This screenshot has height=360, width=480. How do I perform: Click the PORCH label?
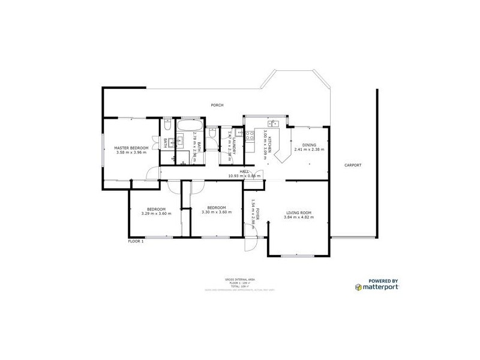pyautogui.click(x=217, y=105)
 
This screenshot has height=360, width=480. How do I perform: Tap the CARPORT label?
pyautogui.click(x=352, y=165)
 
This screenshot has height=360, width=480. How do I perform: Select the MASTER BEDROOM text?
pyautogui.click(x=131, y=148)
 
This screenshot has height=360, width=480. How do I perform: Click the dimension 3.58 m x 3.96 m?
pyautogui.click(x=131, y=152)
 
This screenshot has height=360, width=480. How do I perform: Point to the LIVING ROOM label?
pyautogui.click(x=298, y=212)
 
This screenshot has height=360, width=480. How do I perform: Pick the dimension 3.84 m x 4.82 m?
pyautogui.click(x=298, y=217)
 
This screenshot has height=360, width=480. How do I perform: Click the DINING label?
pyautogui.click(x=309, y=145)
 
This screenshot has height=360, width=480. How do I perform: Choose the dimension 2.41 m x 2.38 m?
pyautogui.click(x=309, y=150)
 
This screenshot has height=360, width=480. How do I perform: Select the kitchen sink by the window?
pyautogui.click(x=275, y=123)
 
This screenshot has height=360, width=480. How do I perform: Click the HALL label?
pyautogui.click(x=245, y=172)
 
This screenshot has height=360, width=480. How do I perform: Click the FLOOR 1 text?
pyautogui.click(x=136, y=241)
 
